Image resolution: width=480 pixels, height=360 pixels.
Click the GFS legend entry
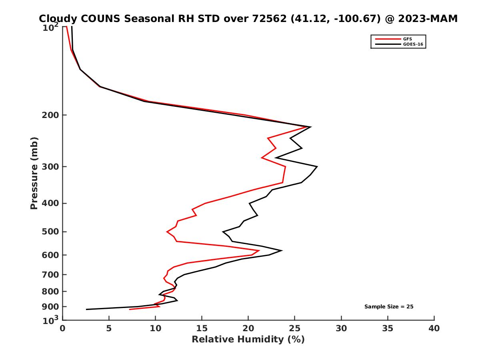point(408,39)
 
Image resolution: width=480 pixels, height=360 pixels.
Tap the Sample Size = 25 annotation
point(388,307)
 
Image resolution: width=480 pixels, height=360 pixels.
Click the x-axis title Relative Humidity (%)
point(248,340)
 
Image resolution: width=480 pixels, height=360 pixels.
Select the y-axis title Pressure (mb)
point(34,173)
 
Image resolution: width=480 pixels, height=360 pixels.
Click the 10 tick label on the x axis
point(156,329)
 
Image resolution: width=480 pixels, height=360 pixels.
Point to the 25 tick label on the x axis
point(295,329)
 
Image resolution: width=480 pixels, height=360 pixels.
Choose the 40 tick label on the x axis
point(434,329)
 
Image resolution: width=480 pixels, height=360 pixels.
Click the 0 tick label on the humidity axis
point(63,329)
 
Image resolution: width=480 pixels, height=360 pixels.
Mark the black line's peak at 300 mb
point(317,166)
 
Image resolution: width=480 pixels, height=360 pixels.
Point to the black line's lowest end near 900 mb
point(86,309)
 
